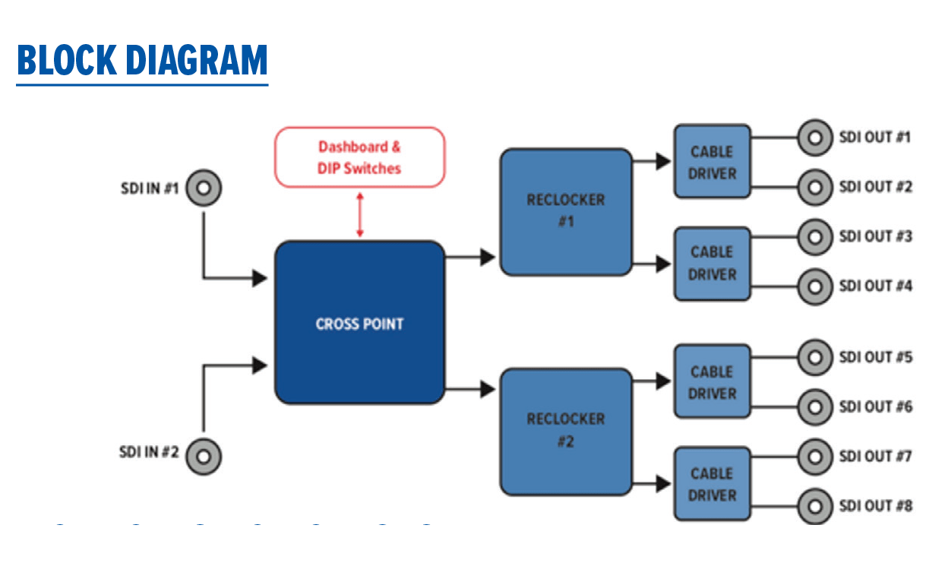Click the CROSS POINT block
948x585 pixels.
coord(359,323)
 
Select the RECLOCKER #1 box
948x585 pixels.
coord(566,211)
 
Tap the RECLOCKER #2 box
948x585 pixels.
coord(566,431)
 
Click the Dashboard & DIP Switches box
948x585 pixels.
coord(359,157)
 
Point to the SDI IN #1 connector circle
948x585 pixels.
coord(204,188)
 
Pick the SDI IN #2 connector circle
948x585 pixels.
coord(204,457)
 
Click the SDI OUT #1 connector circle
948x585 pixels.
coord(815,138)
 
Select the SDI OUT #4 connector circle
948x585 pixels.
coord(815,286)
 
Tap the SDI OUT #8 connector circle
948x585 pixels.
coord(815,506)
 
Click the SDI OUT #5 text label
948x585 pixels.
coord(875,357)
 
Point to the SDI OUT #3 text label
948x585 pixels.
coord(875,236)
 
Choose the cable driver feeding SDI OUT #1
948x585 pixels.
coord(712,162)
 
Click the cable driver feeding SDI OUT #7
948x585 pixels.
coord(712,484)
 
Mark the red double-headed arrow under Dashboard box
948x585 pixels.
coord(360,214)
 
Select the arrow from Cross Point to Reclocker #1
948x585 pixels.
coord(471,258)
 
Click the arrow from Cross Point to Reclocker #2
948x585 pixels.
coord(471,391)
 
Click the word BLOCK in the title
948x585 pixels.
coord(65,61)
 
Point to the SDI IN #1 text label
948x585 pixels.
coord(149,188)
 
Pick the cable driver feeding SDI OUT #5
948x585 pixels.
coord(712,381)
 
